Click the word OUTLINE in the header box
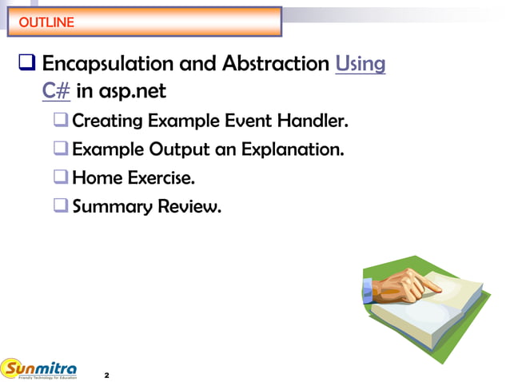(x=46, y=22)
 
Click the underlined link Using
(x=361, y=63)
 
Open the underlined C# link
(x=56, y=90)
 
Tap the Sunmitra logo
(x=40, y=369)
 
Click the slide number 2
(x=106, y=374)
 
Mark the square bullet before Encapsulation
(x=25, y=63)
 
